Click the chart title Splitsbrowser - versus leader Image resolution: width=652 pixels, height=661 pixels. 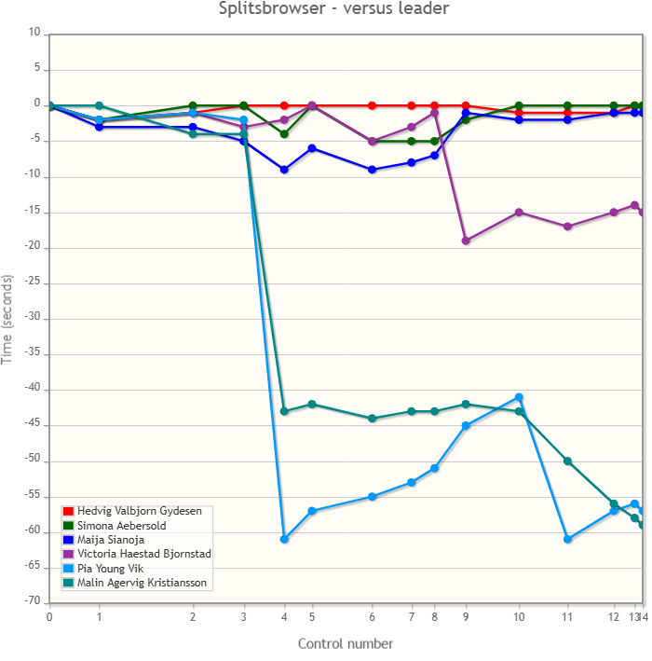point(334,9)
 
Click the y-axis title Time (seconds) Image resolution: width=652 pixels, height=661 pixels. point(9,319)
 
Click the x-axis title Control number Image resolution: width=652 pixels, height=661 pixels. point(346,643)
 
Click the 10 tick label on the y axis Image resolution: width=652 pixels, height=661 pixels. point(35,33)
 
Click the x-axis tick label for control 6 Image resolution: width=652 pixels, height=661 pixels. point(373,616)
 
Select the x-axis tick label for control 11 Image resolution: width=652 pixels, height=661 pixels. point(567,616)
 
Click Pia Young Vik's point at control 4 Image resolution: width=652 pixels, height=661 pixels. point(284,539)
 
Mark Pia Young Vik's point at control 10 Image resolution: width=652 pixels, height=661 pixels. point(519,397)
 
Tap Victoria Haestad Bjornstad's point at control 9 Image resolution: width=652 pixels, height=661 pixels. point(466,241)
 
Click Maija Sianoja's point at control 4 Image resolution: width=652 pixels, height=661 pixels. point(284,170)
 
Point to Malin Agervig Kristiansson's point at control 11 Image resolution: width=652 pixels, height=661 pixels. point(567,461)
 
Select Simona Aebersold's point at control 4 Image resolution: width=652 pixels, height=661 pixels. point(284,134)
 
